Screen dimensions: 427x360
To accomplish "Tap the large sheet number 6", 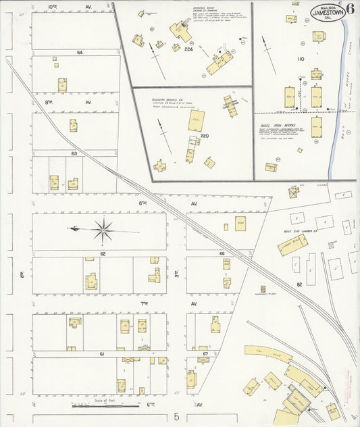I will tap(350, 10).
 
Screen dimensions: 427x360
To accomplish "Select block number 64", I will tap(80, 52).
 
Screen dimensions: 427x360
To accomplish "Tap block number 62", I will tap(103, 253).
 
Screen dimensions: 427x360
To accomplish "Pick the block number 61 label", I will tap(101, 354).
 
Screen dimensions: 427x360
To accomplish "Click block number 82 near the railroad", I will tap(299, 284).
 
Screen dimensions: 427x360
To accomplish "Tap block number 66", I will tap(222, 253).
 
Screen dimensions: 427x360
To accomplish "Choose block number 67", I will tap(205, 354).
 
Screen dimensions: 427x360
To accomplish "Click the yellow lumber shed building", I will tap(292, 244).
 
